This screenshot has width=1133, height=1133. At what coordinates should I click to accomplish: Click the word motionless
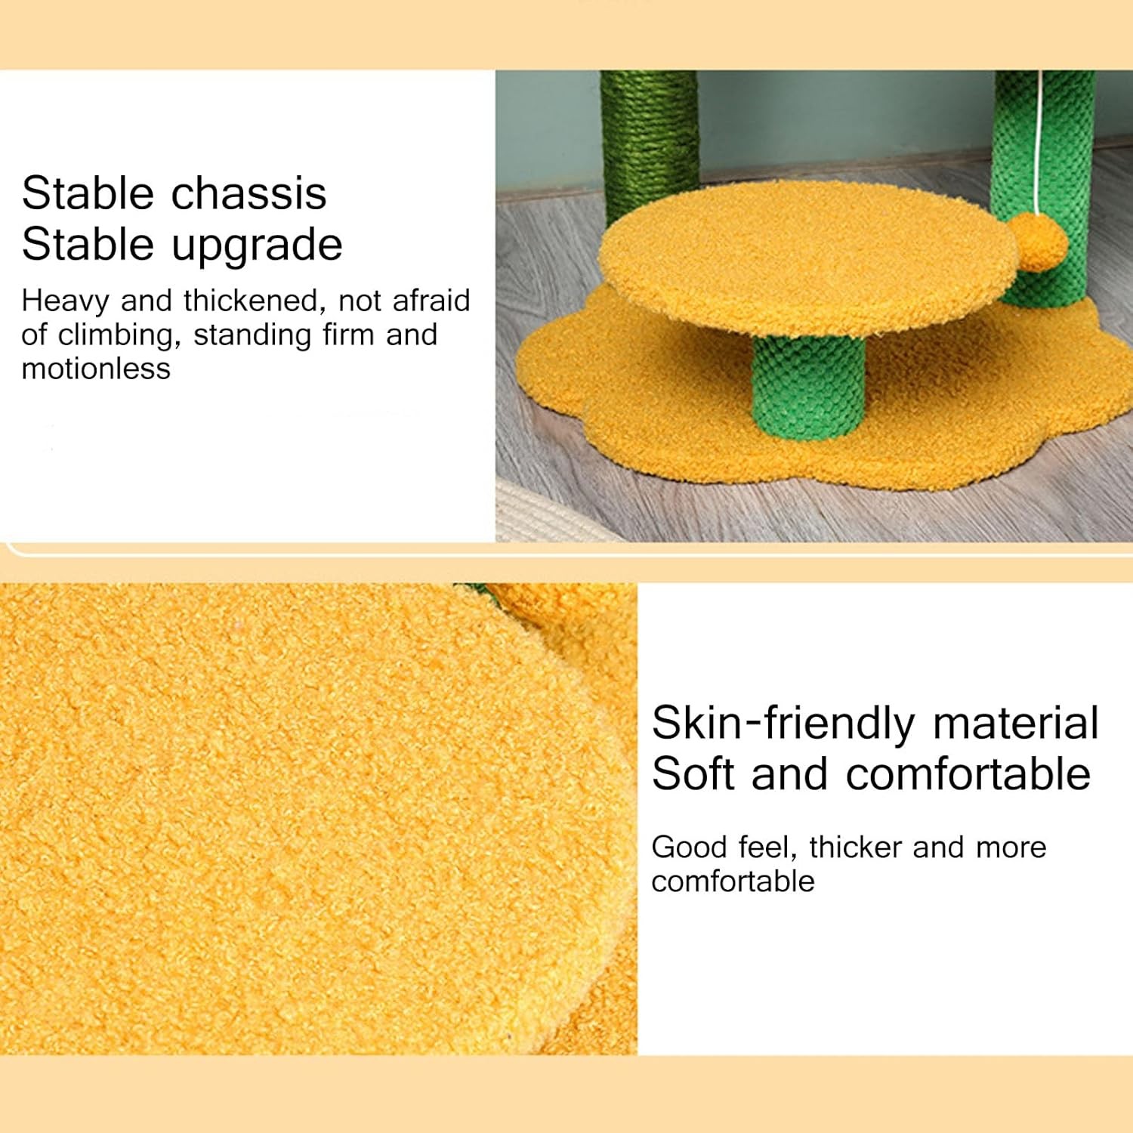pyautogui.click(x=96, y=369)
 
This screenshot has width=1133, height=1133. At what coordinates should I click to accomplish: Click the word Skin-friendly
pyautogui.click(x=784, y=724)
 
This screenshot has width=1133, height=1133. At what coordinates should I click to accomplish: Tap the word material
pyautogui.click(x=1016, y=723)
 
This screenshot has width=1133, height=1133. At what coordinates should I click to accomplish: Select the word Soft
pyautogui.click(x=693, y=774)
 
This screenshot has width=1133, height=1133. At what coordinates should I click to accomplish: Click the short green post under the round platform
pyautogui.click(x=807, y=384)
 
